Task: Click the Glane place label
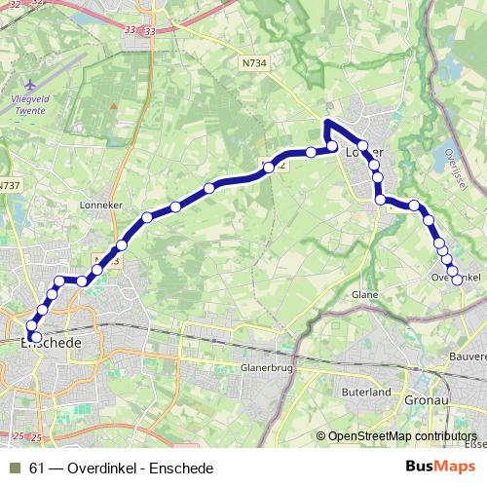pyautogui.click(x=364, y=293)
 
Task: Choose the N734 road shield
pyautogui.click(x=251, y=60)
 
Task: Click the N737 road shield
pyautogui.click(x=10, y=185)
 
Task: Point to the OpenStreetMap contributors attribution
pyautogui.click(x=402, y=436)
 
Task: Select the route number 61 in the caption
pyautogui.click(x=37, y=468)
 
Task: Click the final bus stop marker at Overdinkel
pyautogui.click(x=456, y=281)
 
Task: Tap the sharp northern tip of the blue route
pyautogui.click(x=327, y=122)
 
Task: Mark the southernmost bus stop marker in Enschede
pyautogui.click(x=36, y=337)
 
